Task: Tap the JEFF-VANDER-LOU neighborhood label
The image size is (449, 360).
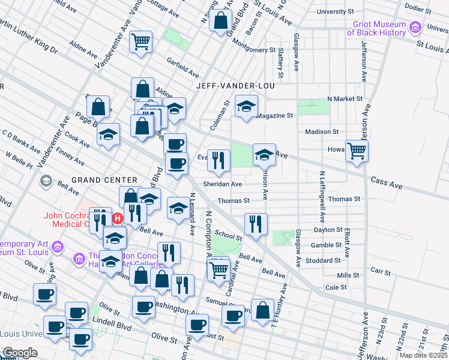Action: point(235,86)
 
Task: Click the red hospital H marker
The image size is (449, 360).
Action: point(118,218)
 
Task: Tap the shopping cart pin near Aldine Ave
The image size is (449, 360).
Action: point(140,42)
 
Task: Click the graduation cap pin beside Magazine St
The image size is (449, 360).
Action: point(246,106)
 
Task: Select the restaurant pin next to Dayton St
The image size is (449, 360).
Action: point(256,223)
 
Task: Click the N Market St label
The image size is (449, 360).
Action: point(345,98)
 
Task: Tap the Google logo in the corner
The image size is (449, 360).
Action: point(19,353)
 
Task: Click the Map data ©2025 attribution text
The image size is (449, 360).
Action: point(423,355)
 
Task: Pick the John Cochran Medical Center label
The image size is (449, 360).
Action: point(66,220)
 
